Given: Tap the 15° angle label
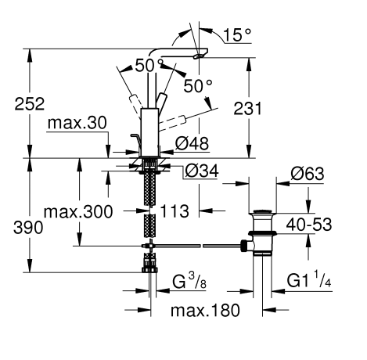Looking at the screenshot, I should pyautogui.click(x=237, y=36).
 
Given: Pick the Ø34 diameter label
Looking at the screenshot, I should pyautogui.click(x=203, y=171).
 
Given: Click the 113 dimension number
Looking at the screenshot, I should pyautogui.click(x=171, y=211).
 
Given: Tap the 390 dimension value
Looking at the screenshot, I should pyautogui.click(x=22, y=228).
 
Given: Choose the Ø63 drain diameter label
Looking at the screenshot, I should pyautogui.click(x=307, y=175).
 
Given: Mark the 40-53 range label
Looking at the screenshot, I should pyautogui.click(x=307, y=225).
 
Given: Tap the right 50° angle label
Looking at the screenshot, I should pyautogui.click(x=199, y=83).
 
